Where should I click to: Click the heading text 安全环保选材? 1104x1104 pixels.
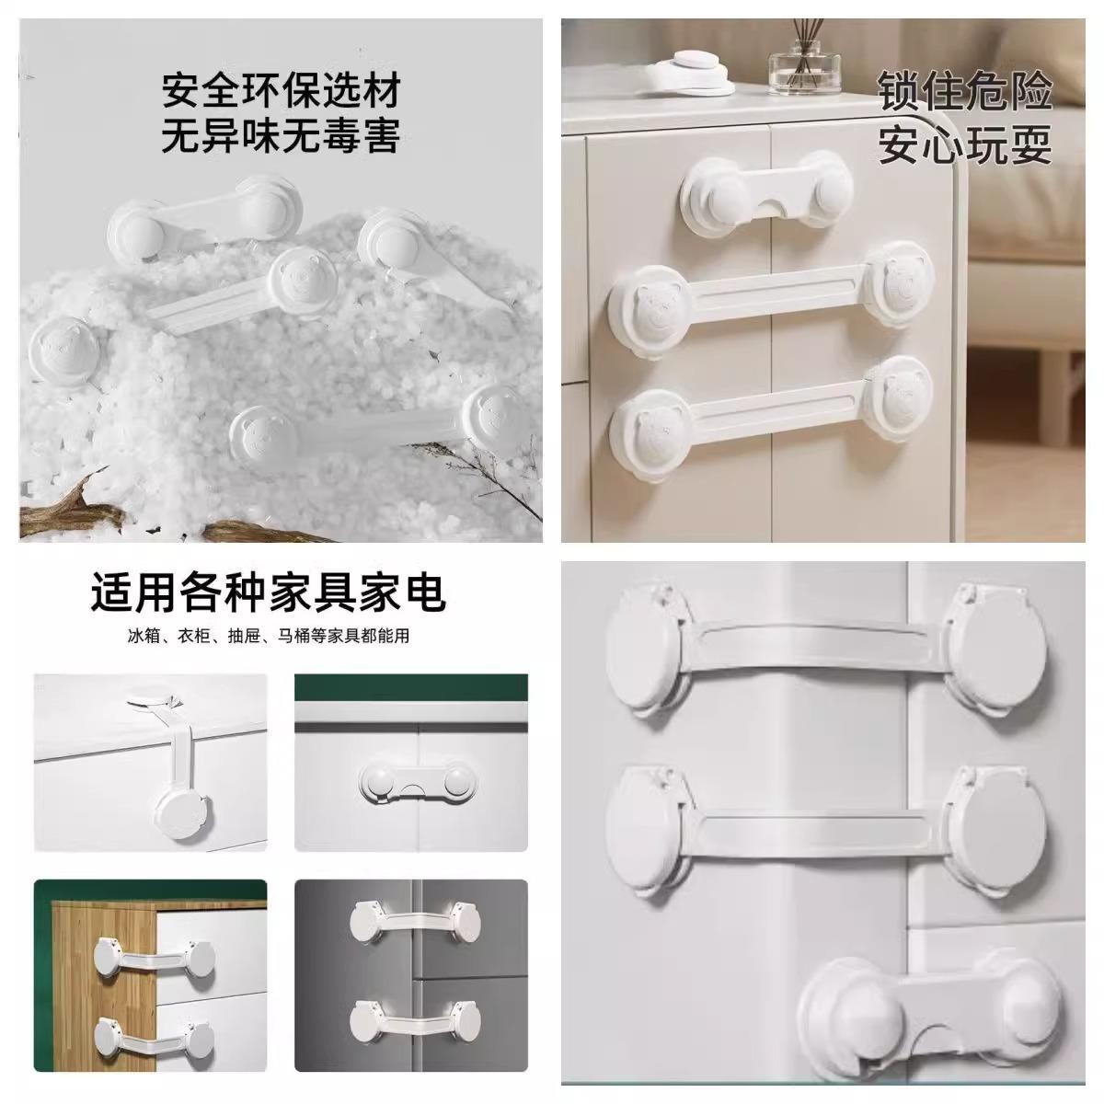click(281, 93)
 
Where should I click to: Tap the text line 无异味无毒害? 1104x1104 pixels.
click(281, 137)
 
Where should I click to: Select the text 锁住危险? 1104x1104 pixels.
click(963, 93)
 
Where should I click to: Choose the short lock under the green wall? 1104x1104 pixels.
click(411, 782)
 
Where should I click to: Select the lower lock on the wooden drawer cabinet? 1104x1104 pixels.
click(152, 1043)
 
